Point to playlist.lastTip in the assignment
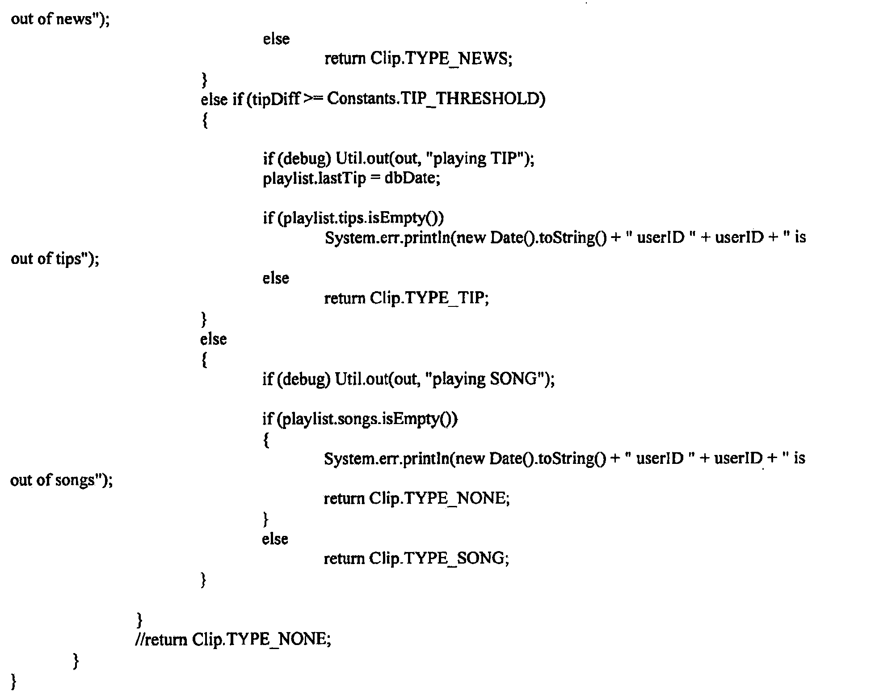(314, 178)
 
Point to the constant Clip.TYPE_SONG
(438, 558)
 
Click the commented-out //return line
(233, 639)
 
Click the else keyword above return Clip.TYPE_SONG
(275, 539)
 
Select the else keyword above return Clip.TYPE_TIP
(276, 278)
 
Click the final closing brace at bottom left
(13, 681)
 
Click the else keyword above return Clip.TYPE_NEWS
(276, 39)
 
